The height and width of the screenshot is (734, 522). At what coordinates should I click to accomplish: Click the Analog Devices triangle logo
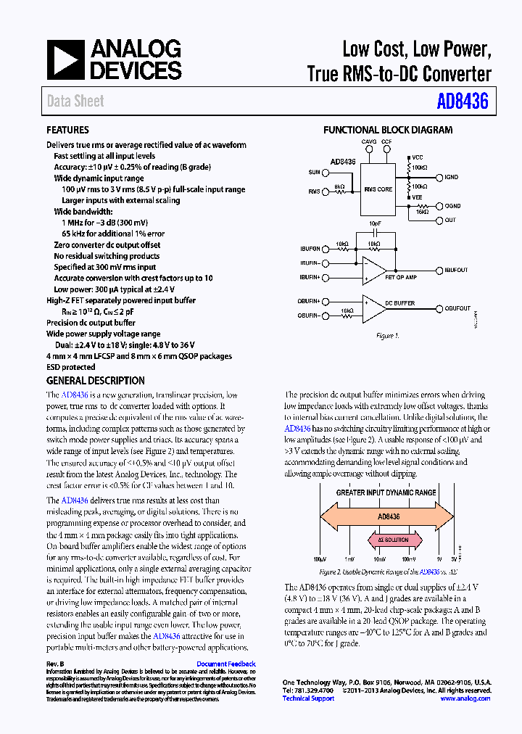click(66, 59)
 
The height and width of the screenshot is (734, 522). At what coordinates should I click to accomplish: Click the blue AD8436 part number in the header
click(463, 102)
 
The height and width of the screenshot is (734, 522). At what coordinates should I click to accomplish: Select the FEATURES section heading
click(67, 131)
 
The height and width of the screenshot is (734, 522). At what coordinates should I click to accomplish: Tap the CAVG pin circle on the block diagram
click(369, 149)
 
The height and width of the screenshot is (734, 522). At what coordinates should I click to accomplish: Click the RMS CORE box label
click(378, 189)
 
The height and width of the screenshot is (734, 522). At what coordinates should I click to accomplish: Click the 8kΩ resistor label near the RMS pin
click(339, 186)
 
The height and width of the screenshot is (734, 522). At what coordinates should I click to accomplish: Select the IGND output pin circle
click(437, 177)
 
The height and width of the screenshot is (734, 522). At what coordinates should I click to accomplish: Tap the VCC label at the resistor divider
click(418, 157)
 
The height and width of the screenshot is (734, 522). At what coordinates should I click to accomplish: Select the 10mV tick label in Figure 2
click(379, 560)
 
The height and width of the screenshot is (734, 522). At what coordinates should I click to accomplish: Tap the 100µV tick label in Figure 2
click(320, 560)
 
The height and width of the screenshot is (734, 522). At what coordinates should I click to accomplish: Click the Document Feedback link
click(226, 664)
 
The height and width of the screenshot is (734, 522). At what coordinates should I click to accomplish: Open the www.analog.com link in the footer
click(465, 698)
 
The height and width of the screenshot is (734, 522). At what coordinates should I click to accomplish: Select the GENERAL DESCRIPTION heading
click(95, 381)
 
